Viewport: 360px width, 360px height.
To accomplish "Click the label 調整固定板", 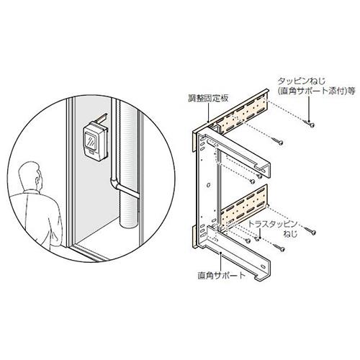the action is (208, 99).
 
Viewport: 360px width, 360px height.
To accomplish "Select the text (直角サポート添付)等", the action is (316, 91).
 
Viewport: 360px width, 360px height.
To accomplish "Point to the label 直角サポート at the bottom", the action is (222, 275).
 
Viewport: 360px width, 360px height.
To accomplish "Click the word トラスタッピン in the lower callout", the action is (272, 225).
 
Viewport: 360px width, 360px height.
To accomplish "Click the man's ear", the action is (37, 179).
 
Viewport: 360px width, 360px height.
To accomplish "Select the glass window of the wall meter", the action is (91, 141).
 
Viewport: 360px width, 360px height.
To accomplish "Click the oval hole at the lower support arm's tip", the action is (263, 266).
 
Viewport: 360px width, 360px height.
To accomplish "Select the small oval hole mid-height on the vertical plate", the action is (208, 185).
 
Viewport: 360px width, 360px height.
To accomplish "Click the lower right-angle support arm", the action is (238, 252).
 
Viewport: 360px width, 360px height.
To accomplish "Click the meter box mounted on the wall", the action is (94, 141).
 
